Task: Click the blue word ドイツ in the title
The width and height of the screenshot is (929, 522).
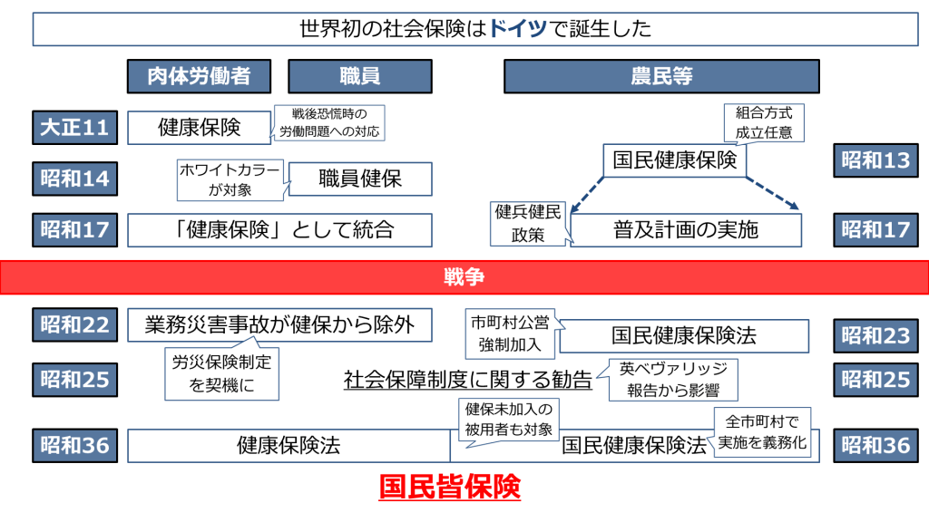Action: (518, 28)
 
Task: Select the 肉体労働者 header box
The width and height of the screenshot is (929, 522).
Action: (199, 76)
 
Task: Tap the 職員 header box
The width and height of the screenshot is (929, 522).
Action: (359, 76)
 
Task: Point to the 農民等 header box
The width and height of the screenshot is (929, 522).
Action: (661, 76)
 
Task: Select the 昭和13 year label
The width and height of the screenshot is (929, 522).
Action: (875, 161)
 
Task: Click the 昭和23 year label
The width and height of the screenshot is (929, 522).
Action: (875, 336)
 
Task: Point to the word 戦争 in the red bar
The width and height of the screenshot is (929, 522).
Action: (464, 277)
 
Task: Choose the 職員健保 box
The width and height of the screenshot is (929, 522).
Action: (360, 179)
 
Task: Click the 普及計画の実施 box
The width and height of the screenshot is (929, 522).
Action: (686, 230)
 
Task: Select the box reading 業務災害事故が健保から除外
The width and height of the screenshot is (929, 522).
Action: (279, 324)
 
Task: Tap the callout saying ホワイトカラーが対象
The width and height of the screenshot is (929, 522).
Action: (229, 179)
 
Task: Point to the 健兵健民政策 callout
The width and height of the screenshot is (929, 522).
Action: (527, 224)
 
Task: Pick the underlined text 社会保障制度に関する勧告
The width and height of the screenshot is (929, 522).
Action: (467, 380)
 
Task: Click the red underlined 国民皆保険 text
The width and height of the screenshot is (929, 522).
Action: (449, 488)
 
